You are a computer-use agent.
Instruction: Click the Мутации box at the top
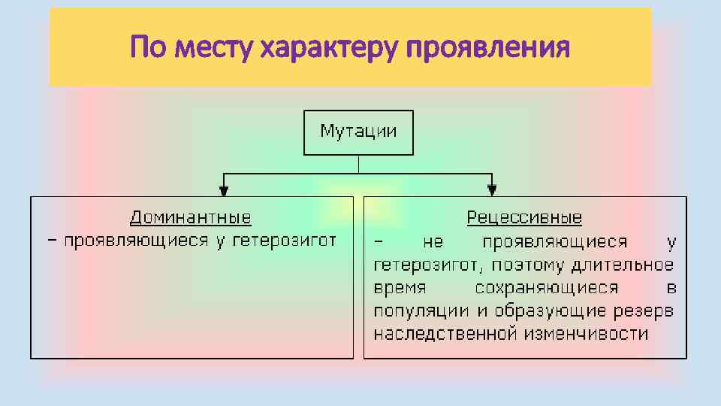pyautogui.click(x=358, y=132)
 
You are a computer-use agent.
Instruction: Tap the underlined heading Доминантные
pyautogui.click(x=191, y=218)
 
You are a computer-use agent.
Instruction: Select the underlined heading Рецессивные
pyautogui.click(x=524, y=218)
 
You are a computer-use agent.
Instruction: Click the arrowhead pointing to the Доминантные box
pyautogui.click(x=224, y=189)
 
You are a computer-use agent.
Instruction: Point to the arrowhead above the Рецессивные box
pyautogui.click(x=492, y=189)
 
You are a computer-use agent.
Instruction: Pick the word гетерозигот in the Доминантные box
pyautogui.click(x=284, y=241)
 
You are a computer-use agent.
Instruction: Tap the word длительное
pyautogui.click(x=623, y=265)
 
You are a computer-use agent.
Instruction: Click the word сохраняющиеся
pyautogui.click(x=547, y=288)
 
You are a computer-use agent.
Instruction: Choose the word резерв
pyautogui.click(x=647, y=311)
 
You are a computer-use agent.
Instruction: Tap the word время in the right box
pyautogui.click(x=400, y=288)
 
